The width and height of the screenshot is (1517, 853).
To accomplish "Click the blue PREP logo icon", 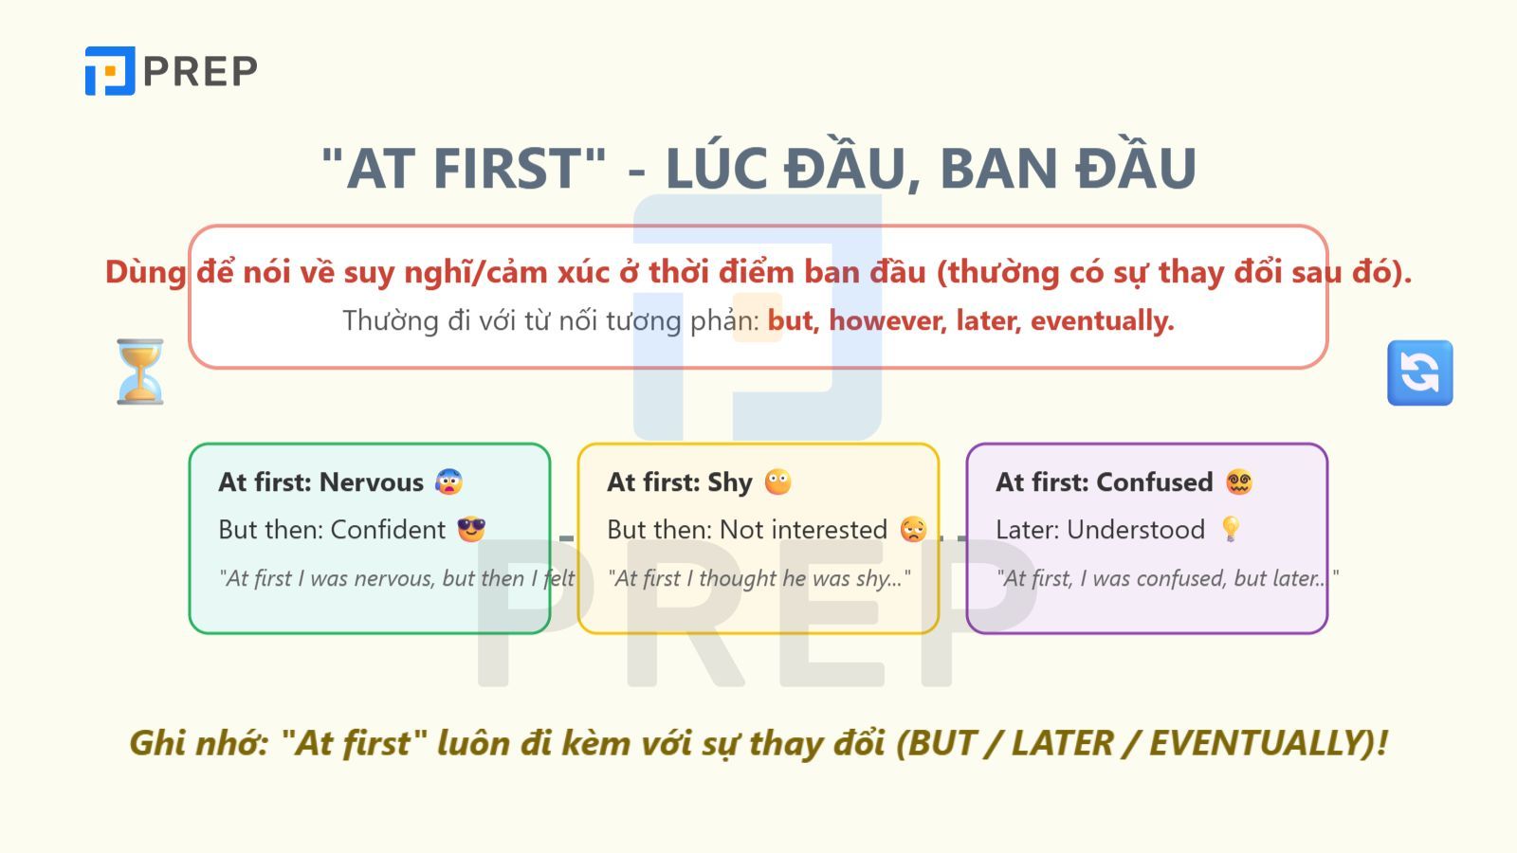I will coord(110,71).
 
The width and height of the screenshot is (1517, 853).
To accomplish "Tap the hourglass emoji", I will coord(140,372).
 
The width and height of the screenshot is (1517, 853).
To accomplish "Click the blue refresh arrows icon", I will coord(1419,372).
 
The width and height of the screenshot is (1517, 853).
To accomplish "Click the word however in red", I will coord(887,320).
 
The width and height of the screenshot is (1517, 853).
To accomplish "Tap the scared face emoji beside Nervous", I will coord(448,481).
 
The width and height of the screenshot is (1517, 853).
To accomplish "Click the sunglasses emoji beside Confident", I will coord(471,529).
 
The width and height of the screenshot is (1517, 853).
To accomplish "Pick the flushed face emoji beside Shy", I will coord(777,481).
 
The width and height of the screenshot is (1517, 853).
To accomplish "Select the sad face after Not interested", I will coord(913,529).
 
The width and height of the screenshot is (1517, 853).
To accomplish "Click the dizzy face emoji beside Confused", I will coord(1238,481).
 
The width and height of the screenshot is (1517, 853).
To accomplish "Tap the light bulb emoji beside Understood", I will coord(1231,529).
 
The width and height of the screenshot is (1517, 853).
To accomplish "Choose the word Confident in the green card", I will coord(388,529).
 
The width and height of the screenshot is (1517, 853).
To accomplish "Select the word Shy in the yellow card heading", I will coord(729,481).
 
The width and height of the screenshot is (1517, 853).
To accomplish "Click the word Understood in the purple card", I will coord(1136,529).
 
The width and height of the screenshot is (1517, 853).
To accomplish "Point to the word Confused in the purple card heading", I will coord(1154,481).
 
